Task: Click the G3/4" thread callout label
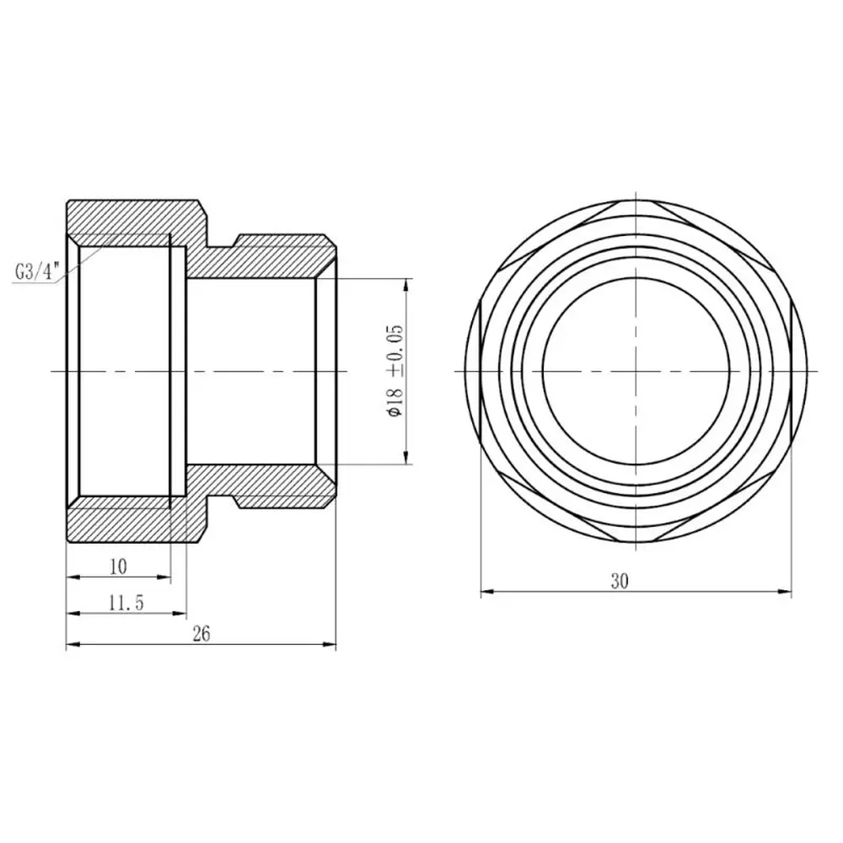[x=35, y=272]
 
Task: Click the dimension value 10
[x=118, y=566]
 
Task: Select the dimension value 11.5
[x=127, y=604]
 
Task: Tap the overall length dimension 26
[x=201, y=635]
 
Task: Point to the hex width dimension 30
[x=620, y=581]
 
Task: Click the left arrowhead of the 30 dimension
[x=487, y=592]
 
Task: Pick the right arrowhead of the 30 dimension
[x=785, y=592]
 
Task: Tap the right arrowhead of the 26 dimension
[x=329, y=644]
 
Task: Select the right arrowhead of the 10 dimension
[x=163, y=577]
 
